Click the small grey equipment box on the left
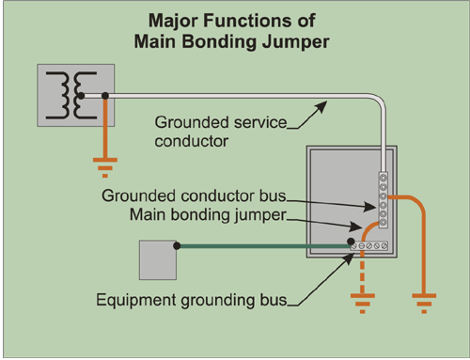point(158,260)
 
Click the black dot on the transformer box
point(106,95)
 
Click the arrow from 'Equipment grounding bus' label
point(324,278)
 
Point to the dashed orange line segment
point(360,273)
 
